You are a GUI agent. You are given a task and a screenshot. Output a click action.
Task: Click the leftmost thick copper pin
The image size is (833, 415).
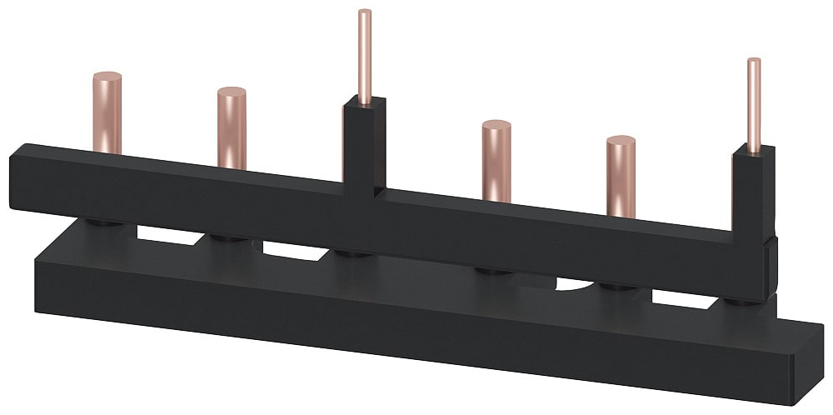[107, 112]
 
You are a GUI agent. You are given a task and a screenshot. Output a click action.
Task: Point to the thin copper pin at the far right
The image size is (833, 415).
[754, 104]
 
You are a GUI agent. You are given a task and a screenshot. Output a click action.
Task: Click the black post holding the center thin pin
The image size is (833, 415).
[365, 142]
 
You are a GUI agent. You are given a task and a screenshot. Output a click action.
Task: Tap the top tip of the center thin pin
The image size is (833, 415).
[364, 12]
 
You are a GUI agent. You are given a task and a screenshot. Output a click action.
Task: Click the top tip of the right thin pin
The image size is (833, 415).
[754, 60]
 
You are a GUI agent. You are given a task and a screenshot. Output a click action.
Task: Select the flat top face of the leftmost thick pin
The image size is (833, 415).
[107, 76]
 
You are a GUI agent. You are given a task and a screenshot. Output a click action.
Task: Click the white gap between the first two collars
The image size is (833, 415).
[167, 234]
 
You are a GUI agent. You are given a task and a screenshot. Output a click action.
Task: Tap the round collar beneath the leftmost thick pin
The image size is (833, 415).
[105, 223]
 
